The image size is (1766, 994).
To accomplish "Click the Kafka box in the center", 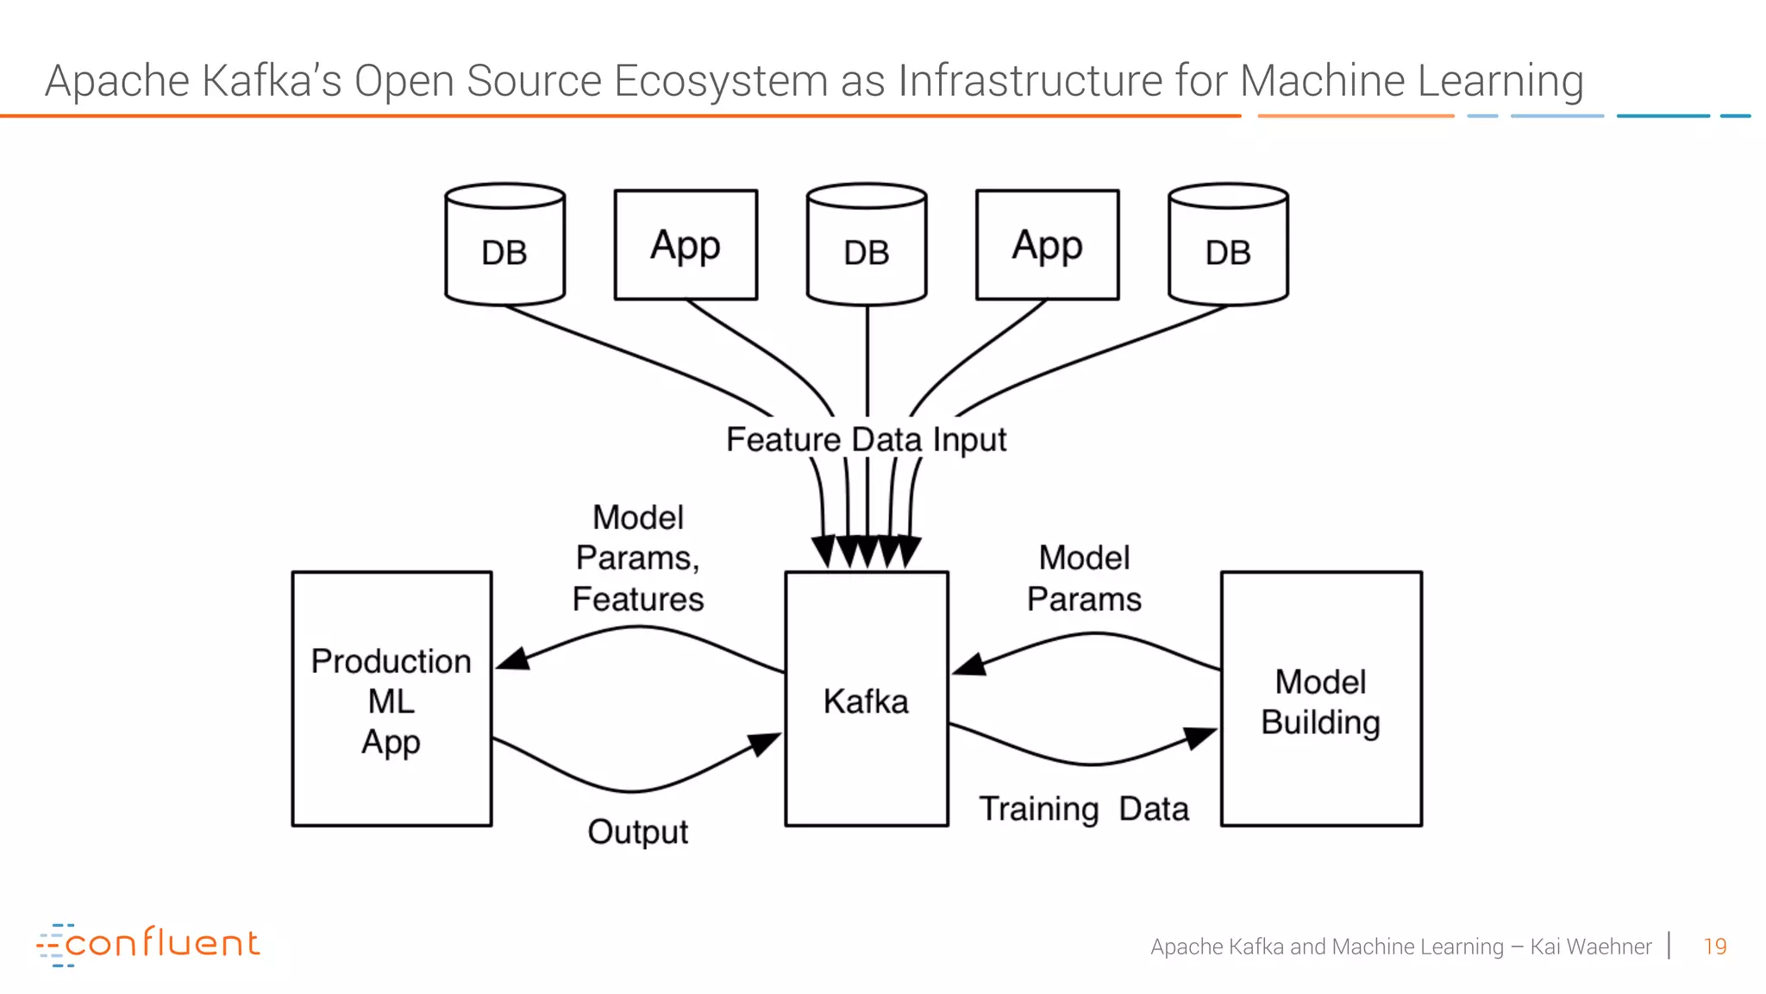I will pos(866,699).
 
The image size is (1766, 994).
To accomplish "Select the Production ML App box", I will pos(391,699).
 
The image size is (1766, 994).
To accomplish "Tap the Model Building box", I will pos(1320,699).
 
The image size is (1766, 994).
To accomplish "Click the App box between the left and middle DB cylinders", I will pos(686,245).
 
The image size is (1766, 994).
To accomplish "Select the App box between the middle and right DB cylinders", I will pos(1047,245).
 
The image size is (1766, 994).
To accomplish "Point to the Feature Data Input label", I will pos(866,439).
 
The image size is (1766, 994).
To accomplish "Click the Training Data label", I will pos(1084,809).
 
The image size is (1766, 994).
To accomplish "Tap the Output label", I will pos(637,832).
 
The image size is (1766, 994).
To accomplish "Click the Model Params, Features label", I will pos(637,558).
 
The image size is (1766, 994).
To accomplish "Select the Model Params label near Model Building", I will pos(1084,578).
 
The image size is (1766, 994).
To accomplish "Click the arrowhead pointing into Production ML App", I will pos(512,660).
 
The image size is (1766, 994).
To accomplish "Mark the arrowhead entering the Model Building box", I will pos(1200,738).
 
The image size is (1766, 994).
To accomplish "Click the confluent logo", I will pos(148,944).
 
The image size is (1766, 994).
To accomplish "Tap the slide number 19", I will pos(1714,947).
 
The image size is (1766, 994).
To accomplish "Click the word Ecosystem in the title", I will pos(721,81).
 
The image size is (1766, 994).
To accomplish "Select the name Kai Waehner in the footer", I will pos(1590,947).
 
